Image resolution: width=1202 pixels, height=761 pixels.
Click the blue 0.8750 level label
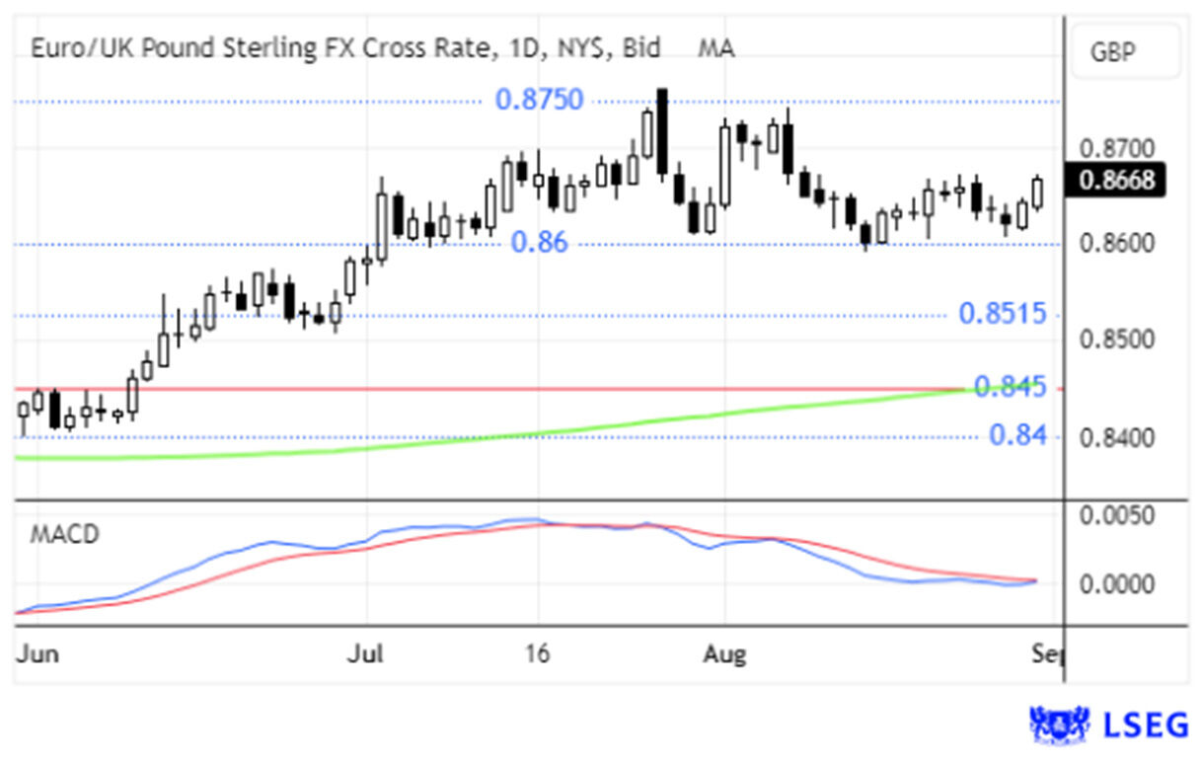click(x=539, y=100)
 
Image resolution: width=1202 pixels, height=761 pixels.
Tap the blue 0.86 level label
click(x=539, y=242)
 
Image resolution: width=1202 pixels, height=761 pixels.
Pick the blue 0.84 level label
click(x=1016, y=435)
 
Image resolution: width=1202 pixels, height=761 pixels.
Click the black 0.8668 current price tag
click(x=1118, y=181)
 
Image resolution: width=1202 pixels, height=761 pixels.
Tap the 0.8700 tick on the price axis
click(x=1118, y=150)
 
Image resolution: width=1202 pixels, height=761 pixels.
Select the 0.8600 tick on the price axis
click(x=1118, y=244)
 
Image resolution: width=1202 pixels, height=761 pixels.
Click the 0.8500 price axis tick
click(x=1118, y=341)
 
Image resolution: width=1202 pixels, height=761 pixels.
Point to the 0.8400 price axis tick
click(x=1118, y=436)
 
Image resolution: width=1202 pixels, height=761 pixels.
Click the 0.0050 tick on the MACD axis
click(x=1118, y=515)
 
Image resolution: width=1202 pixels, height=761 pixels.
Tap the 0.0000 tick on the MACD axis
click(x=1118, y=583)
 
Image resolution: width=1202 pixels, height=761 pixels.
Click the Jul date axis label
click(x=366, y=654)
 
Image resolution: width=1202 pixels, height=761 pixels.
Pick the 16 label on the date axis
click(x=537, y=654)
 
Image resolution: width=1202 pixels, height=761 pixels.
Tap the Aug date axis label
click(x=725, y=654)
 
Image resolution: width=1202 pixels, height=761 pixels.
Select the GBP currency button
click(x=1125, y=52)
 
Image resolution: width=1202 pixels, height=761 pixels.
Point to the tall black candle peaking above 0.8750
click(x=662, y=132)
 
